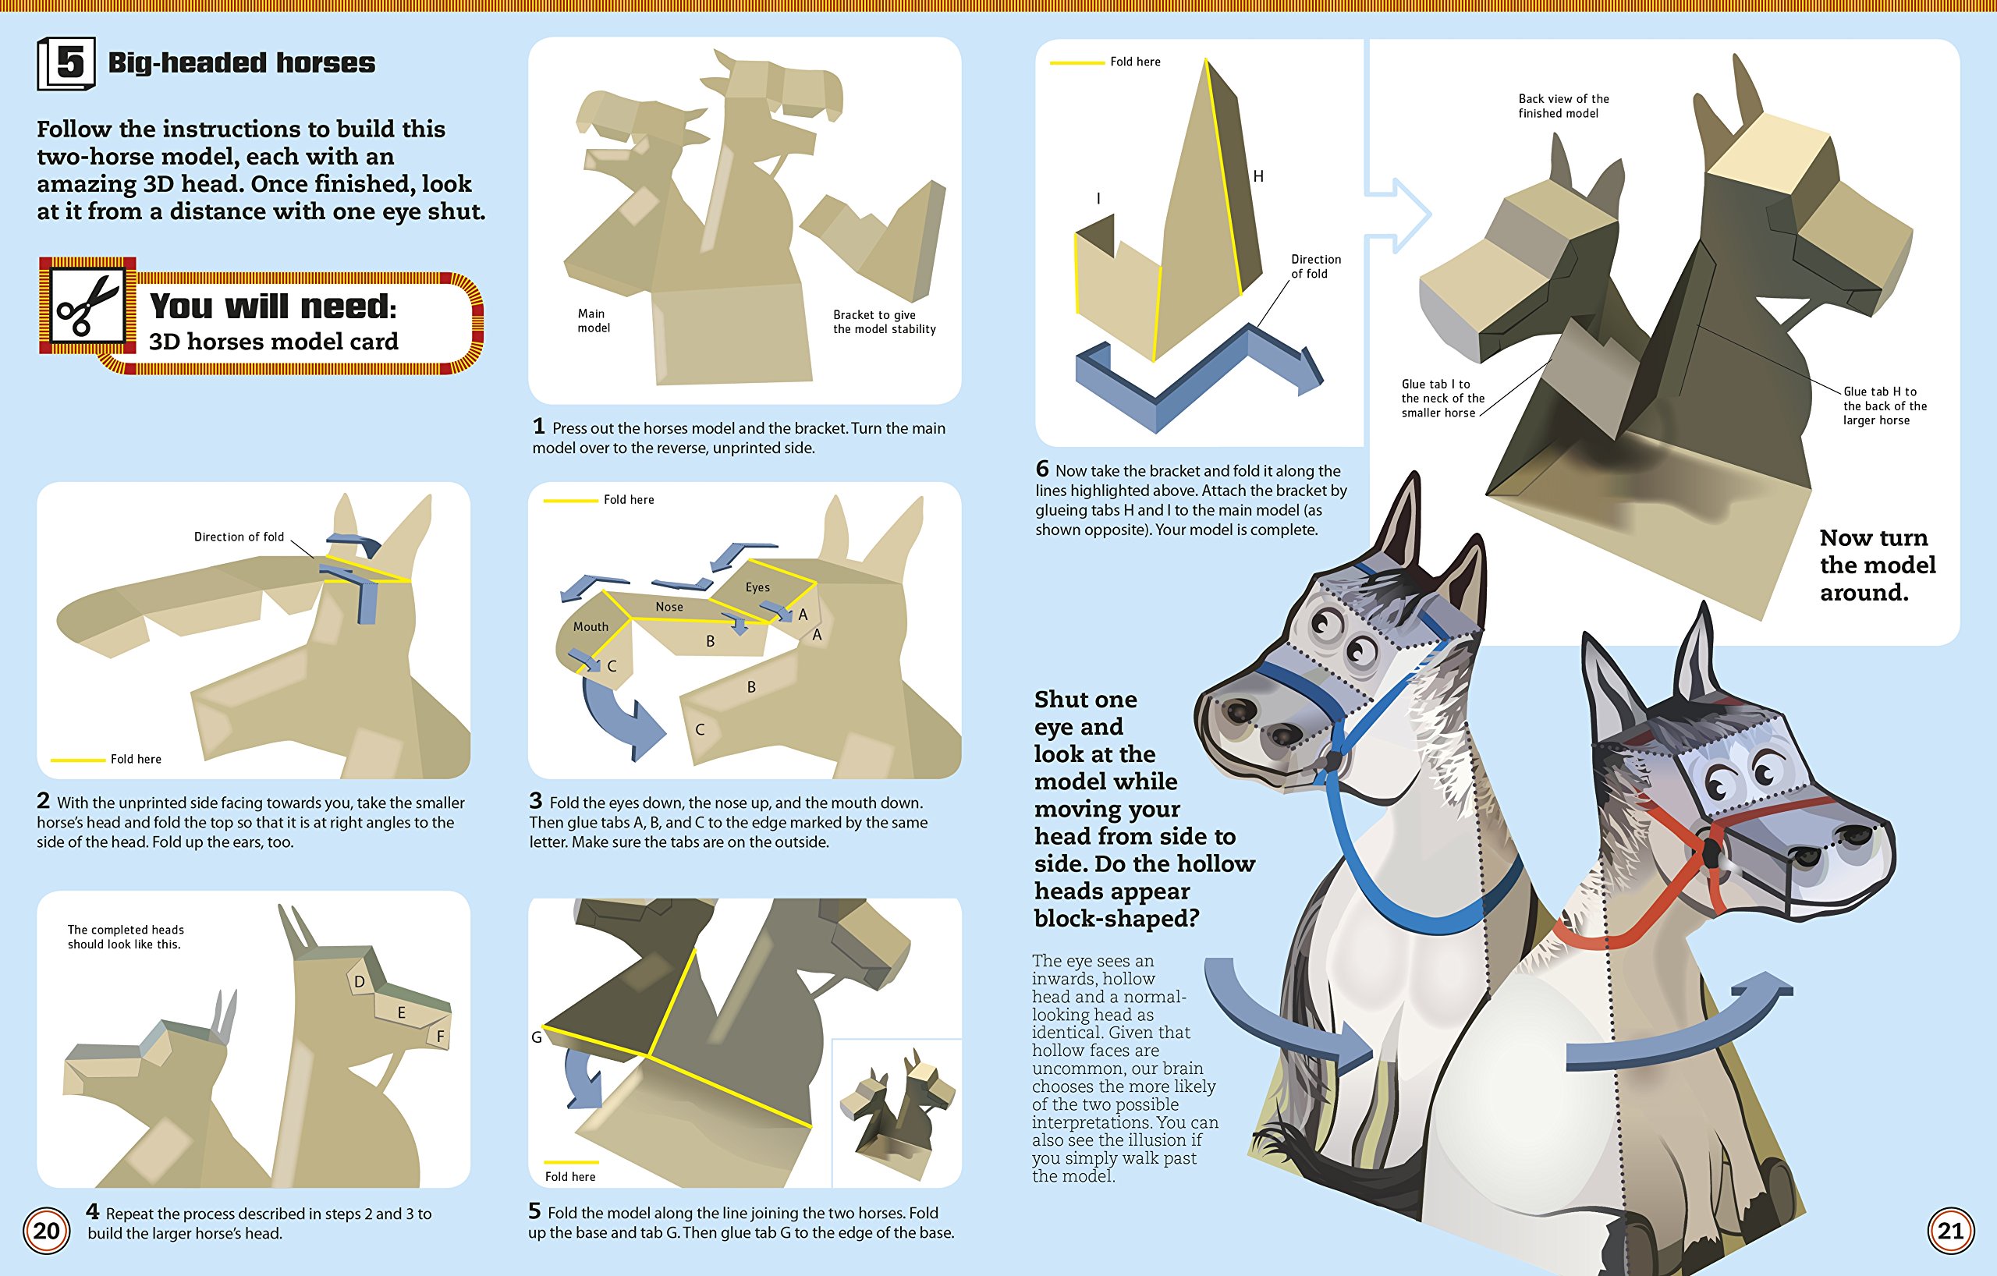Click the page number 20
point(47,1231)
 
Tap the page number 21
point(1949,1231)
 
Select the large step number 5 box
point(66,63)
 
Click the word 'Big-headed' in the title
point(187,63)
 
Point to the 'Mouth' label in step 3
point(591,627)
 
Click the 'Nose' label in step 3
point(669,607)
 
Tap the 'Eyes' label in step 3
point(757,588)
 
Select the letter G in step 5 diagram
point(537,1037)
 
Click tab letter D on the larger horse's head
point(359,982)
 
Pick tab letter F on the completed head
point(441,1037)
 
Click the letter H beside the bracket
point(1258,175)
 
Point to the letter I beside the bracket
point(1098,198)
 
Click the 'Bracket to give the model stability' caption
point(884,321)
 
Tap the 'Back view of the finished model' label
point(1563,106)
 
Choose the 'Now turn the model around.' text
point(1878,565)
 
